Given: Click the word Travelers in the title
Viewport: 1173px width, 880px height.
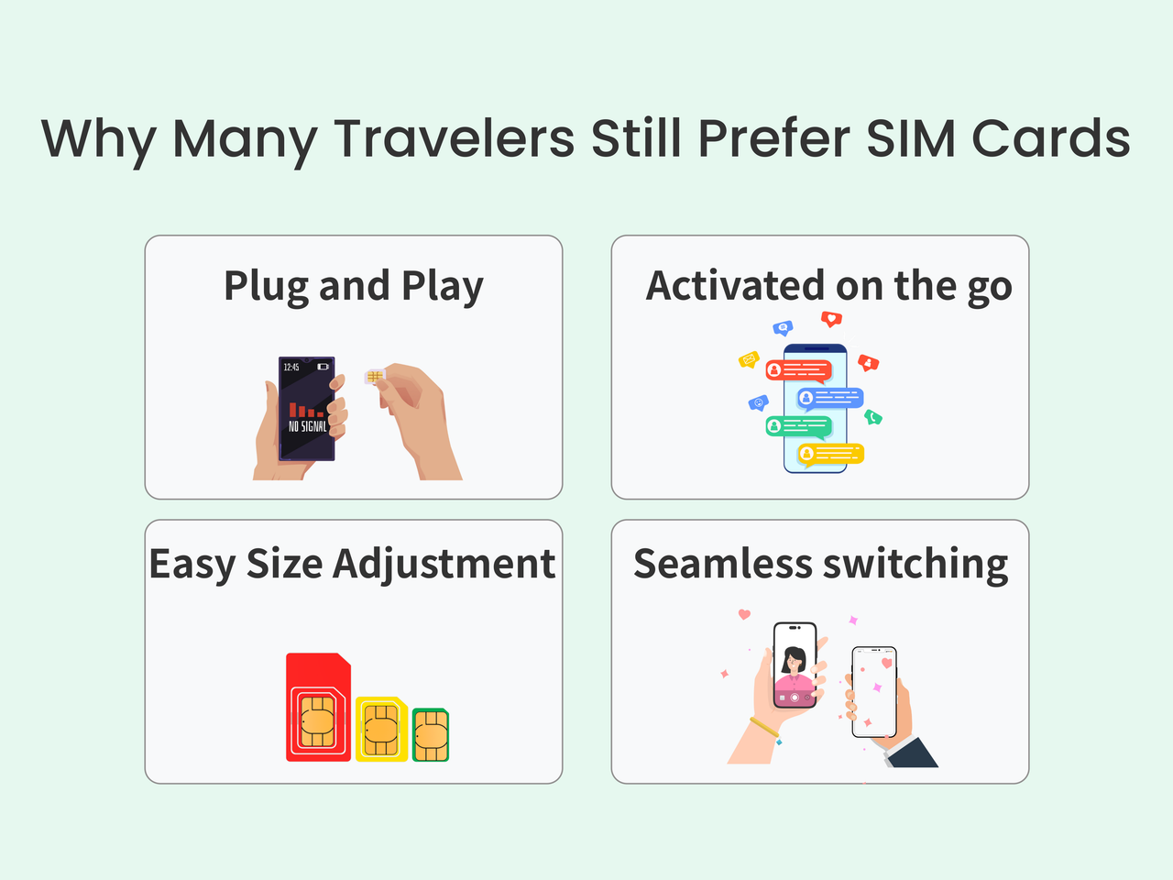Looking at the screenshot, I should pos(454,139).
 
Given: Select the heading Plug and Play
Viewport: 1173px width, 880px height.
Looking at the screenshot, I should pos(354,286).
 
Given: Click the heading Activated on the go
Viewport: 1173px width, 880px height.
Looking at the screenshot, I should pos(828,286).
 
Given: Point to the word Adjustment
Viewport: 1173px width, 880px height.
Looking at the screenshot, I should pos(444,564).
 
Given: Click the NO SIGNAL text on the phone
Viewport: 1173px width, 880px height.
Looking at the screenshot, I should pos(307,426).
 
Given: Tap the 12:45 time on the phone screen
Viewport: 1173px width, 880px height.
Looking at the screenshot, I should pos(291,368).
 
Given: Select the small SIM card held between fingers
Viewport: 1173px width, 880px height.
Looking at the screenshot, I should pos(374,376).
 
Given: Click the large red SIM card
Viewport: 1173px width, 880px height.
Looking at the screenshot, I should pos(318,707).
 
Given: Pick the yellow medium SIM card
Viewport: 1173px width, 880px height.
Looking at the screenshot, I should pos(381,729).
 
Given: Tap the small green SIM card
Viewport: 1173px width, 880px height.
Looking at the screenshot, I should pos(430,734).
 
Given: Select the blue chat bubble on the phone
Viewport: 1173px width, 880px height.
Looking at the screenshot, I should pos(830,398).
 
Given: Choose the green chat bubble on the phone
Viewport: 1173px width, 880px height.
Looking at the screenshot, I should pos(798,426).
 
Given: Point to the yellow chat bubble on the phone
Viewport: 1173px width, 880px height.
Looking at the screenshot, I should pos(830,454).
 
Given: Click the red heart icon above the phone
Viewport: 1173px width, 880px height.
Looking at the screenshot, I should pos(831,319).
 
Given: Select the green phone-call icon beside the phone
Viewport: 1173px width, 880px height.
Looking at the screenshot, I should pos(873,417).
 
